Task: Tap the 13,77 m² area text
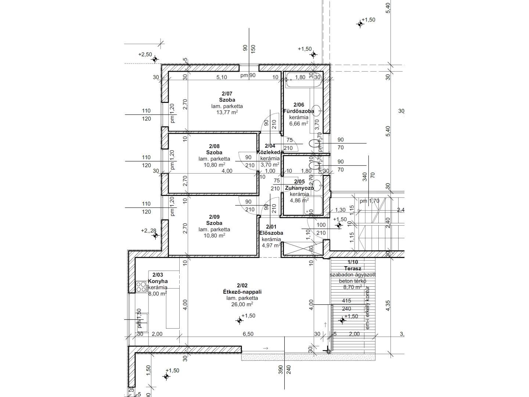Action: click(227, 112)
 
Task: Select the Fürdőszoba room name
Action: click(299, 111)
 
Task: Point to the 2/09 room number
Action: click(215, 217)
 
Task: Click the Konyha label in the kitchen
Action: click(158, 281)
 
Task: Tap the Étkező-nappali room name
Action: click(242, 292)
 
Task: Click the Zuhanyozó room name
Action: click(299, 188)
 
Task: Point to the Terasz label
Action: click(353, 268)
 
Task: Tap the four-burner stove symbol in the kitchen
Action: click(141, 287)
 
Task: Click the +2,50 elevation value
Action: click(145, 54)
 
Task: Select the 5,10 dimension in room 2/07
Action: click(222, 77)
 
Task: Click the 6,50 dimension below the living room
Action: click(248, 334)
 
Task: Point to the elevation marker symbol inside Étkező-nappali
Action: click(240, 321)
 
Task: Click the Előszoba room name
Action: click(271, 233)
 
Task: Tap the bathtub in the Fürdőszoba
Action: click(303, 81)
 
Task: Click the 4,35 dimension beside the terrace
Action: click(388, 306)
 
